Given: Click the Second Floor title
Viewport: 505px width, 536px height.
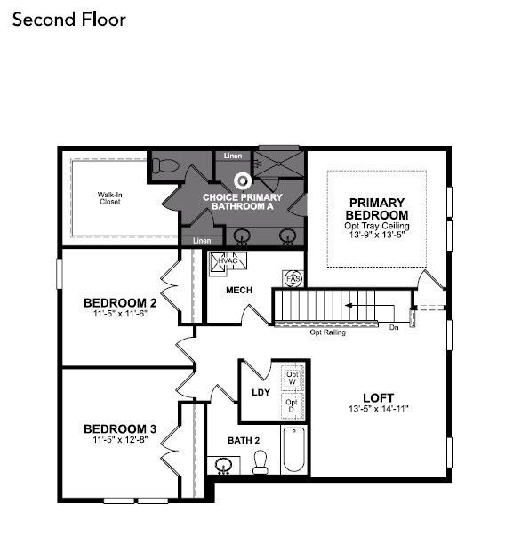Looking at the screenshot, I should pyautogui.click(x=69, y=19).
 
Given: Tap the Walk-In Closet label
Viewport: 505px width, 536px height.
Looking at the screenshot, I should pyautogui.click(x=109, y=197).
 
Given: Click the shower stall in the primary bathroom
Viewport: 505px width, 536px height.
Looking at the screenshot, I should pyautogui.click(x=279, y=164).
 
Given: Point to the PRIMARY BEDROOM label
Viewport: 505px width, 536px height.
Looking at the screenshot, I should pyautogui.click(x=377, y=209).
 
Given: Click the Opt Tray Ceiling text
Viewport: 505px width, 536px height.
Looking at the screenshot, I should pyautogui.click(x=377, y=226).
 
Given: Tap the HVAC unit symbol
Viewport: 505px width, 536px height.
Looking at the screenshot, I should pyautogui.click(x=228, y=262).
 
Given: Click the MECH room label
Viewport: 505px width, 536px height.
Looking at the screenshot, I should pyautogui.click(x=239, y=290).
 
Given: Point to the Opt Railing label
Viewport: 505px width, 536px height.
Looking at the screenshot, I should pyautogui.click(x=327, y=332).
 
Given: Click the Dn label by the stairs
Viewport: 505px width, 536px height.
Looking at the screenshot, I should pyautogui.click(x=394, y=326).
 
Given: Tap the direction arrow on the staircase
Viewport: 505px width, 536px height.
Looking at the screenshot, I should pyautogui.click(x=360, y=305).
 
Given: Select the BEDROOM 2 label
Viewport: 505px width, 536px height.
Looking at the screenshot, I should pyautogui.click(x=120, y=301).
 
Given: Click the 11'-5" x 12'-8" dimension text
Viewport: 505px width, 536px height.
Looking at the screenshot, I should pyautogui.click(x=120, y=440).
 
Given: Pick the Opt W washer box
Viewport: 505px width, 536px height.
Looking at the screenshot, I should pyautogui.click(x=292, y=377).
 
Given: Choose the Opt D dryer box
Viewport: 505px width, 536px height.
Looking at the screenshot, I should pyautogui.click(x=292, y=404).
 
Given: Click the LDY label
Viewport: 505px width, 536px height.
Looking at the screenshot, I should pyautogui.click(x=261, y=391).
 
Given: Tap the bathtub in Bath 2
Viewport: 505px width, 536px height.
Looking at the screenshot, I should pyautogui.click(x=294, y=450).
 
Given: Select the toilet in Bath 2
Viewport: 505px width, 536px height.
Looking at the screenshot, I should pyautogui.click(x=261, y=462).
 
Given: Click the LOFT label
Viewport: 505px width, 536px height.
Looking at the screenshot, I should pyautogui.click(x=378, y=397).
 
